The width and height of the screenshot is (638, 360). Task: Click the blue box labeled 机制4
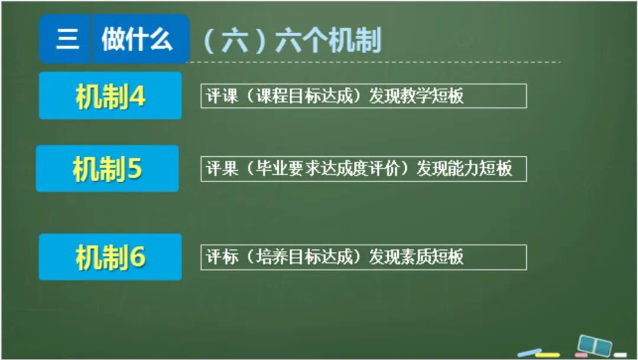click(110, 96)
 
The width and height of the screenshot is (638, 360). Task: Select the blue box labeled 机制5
click(108, 169)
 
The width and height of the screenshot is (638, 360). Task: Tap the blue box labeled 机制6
click(110, 257)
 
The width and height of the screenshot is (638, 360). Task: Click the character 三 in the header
click(67, 40)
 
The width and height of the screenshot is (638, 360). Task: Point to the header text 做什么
click(137, 40)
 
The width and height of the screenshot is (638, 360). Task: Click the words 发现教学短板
click(416, 96)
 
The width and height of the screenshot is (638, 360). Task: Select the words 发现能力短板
click(464, 169)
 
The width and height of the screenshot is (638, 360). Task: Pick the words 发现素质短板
click(416, 257)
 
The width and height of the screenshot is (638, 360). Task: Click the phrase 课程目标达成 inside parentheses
click(305, 96)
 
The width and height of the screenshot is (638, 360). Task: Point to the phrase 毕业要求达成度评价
click(328, 169)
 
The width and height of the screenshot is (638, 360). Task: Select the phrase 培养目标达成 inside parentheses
click(305, 257)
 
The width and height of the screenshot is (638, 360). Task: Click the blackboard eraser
click(594, 345)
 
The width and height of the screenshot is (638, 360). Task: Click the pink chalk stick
click(581, 355)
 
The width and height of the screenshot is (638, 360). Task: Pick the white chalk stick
click(620, 355)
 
